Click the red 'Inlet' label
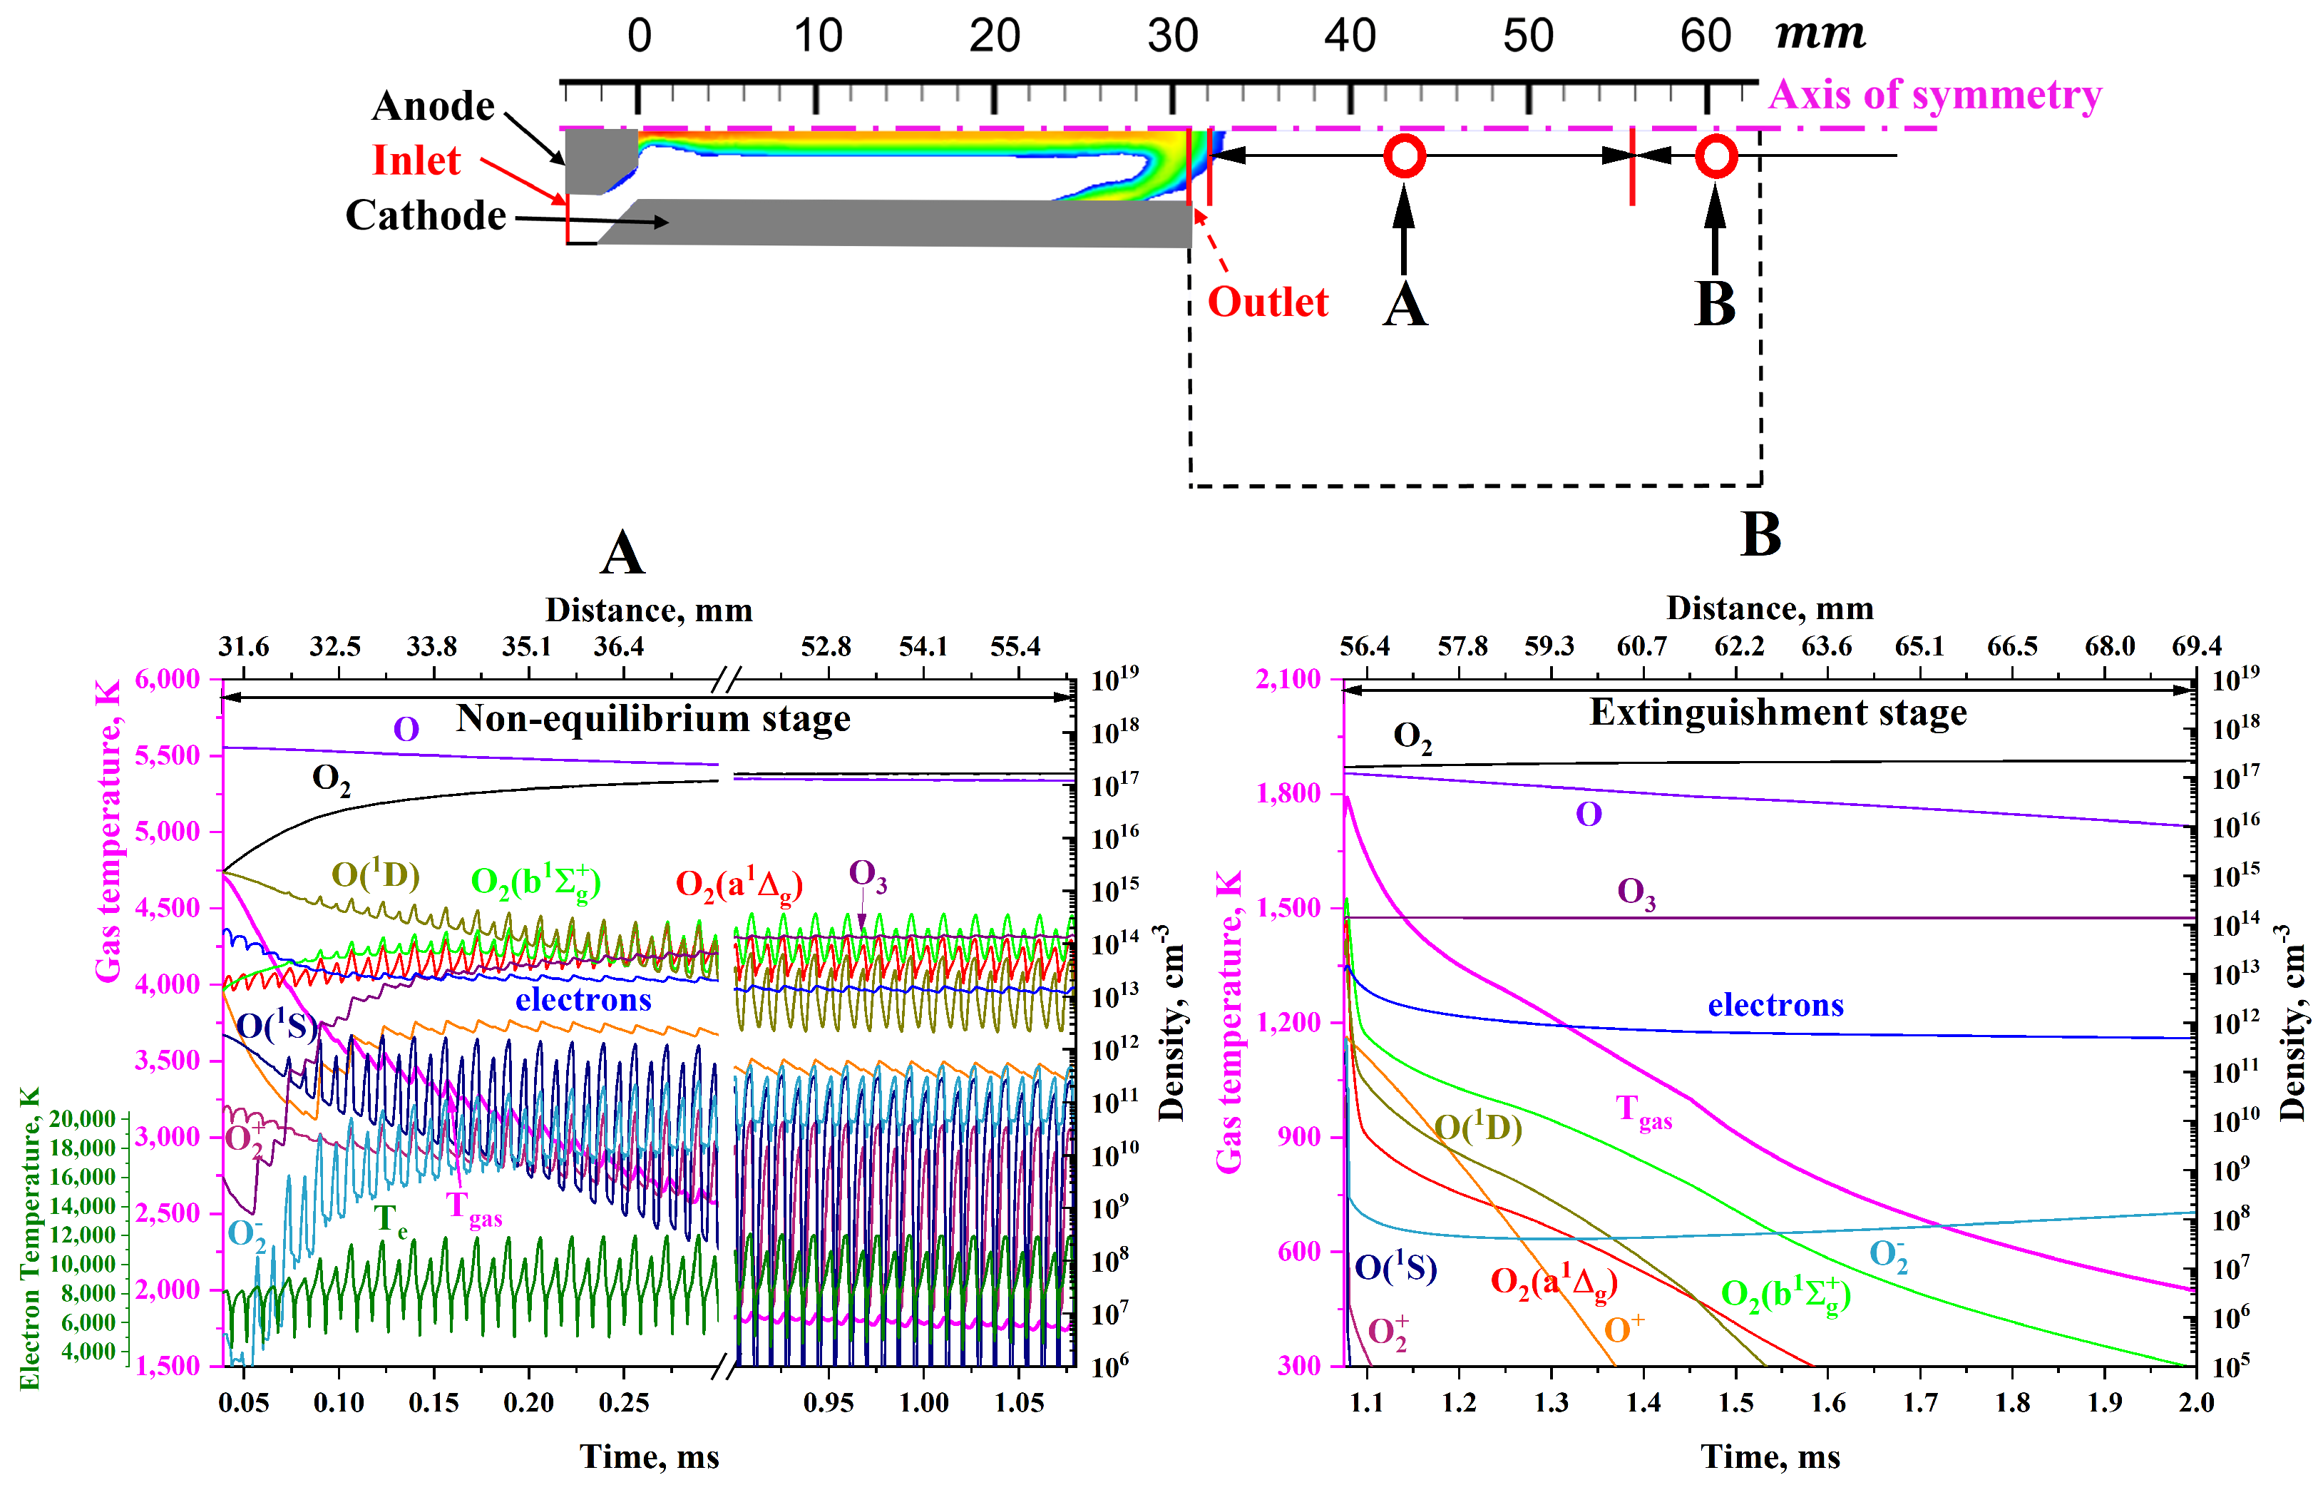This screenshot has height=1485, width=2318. click(416, 160)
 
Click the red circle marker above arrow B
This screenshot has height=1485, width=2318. click(1716, 156)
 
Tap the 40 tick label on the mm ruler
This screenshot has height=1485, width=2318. click(1348, 36)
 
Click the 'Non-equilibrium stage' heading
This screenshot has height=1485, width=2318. click(652, 718)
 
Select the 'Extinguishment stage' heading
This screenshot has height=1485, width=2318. click(1778, 712)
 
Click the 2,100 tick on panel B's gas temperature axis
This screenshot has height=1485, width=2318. click(1288, 679)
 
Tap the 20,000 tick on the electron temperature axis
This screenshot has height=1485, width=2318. click(82, 1118)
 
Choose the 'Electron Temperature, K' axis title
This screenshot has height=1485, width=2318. click(29, 1239)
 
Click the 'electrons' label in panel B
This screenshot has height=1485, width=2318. click(1775, 1005)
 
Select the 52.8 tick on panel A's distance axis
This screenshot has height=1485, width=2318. click(825, 646)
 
